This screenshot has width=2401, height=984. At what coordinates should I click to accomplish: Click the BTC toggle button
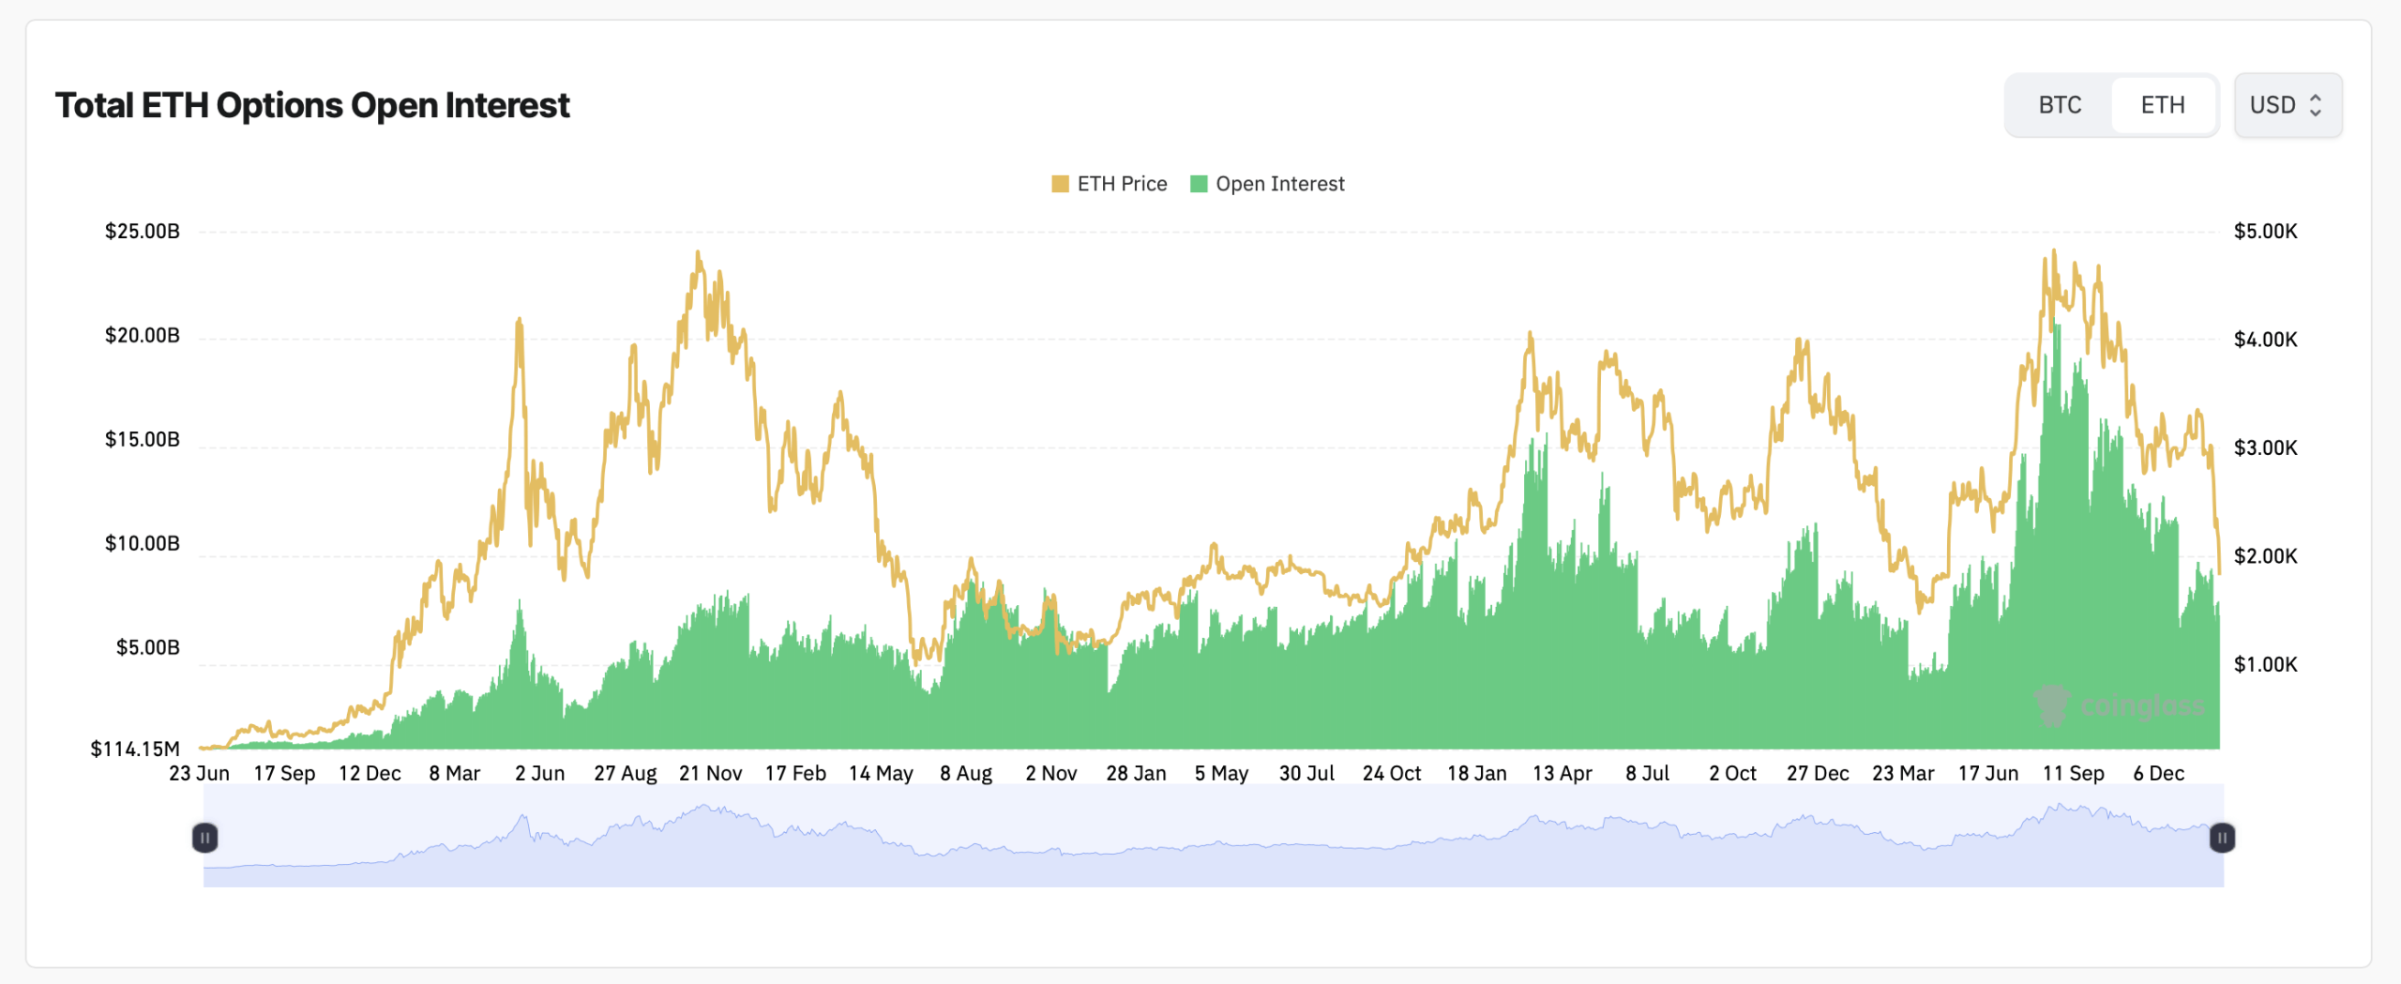[2060, 105]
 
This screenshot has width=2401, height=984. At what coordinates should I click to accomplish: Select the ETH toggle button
[2163, 105]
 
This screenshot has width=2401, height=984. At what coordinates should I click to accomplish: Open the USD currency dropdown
[2287, 105]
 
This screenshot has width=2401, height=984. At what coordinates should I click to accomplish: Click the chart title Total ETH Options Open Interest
[312, 105]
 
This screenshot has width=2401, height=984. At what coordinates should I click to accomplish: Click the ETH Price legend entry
[1110, 184]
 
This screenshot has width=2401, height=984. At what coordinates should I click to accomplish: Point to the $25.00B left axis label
[143, 231]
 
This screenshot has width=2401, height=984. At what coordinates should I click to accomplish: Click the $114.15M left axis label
[135, 749]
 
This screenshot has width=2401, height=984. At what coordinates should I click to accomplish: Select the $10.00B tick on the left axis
[143, 543]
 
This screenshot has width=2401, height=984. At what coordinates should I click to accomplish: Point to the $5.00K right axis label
[2265, 231]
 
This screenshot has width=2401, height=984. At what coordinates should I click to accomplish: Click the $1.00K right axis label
[2265, 664]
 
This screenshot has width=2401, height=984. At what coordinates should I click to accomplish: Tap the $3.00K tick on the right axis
[2265, 447]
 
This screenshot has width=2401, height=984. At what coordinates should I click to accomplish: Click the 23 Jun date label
[199, 773]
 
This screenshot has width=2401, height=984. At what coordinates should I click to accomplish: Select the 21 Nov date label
[710, 773]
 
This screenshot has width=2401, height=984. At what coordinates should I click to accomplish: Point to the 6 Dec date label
[2158, 773]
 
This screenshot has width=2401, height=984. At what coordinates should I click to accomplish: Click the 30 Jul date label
[1306, 773]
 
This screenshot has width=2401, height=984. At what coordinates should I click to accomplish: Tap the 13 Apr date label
[1562, 773]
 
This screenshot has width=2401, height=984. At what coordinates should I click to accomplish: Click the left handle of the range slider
[204, 837]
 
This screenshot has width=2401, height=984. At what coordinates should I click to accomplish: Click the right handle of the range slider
[2222, 837]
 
